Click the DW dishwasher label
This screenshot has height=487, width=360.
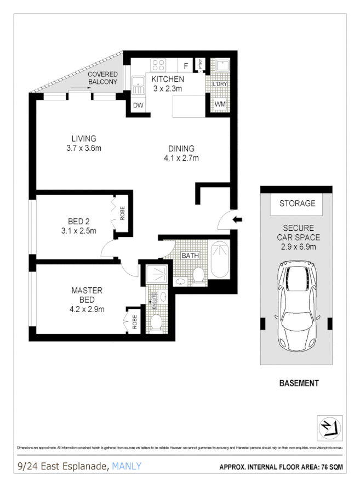(x=139, y=105)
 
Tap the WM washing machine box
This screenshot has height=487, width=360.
(x=220, y=104)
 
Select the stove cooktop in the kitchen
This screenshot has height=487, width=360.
(x=159, y=65)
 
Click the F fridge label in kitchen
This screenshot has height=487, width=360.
(x=186, y=66)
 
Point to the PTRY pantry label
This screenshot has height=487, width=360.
(x=201, y=64)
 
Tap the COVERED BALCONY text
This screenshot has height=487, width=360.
(x=102, y=78)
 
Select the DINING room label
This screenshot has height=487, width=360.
(x=181, y=148)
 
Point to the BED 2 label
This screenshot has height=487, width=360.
(x=79, y=222)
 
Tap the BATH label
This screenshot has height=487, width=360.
(x=190, y=255)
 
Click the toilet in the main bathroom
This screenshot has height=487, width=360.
(x=199, y=274)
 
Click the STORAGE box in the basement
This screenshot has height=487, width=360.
(x=298, y=203)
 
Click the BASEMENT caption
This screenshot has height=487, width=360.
(x=299, y=383)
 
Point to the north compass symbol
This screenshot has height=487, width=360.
(x=330, y=427)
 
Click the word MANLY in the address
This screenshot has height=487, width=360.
(x=127, y=466)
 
